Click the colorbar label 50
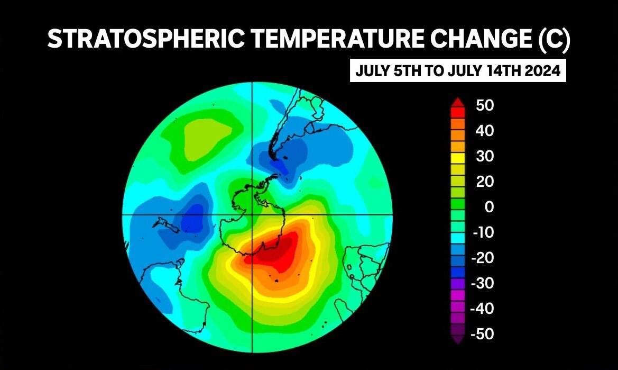tap(485, 105)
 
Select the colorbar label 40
tap(485, 131)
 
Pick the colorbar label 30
tap(485, 156)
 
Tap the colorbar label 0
tap(490, 207)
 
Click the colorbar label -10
tap(482, 232)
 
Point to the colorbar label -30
tap(482, 283)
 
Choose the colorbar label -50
tap(482, 334)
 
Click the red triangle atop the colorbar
tap(458, 102)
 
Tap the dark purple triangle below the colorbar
tap(458, 339)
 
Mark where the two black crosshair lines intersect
tap(252, 214)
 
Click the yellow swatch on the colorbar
tap(458, 157)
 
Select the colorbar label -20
tap(482, 258)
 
